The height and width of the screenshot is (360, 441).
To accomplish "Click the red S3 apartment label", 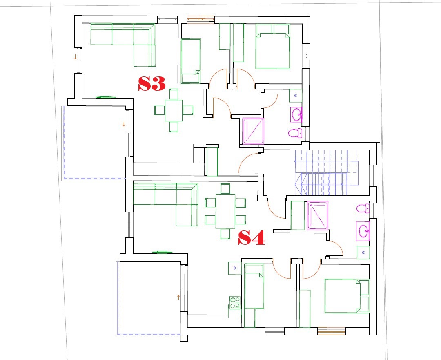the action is tap(151, 83).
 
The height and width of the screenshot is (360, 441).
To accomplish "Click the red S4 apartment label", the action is tap(252, 238).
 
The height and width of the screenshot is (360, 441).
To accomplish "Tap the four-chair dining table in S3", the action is tap(174, 110).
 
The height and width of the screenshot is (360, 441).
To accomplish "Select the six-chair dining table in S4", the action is tap(225, 211).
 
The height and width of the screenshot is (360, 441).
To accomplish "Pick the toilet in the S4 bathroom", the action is tap(363, 208).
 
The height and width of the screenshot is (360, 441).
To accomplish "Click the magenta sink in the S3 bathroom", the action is tap(296, 114).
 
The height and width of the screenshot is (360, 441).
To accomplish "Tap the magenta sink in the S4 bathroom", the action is tap(363, 231).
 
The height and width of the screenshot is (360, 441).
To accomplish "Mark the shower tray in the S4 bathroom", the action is tap(318, 216).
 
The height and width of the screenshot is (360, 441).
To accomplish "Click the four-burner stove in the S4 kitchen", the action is tap(235, 302).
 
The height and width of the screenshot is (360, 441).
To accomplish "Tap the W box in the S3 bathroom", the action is tap(296, 96).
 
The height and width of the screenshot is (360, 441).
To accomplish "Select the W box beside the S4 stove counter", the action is tap(234, 268).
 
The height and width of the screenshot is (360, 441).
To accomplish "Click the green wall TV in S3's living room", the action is tap(106, 97).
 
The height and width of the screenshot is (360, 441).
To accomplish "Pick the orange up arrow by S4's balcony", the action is tap(178, 297).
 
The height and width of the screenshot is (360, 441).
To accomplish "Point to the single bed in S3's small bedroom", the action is tap(191, 61).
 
